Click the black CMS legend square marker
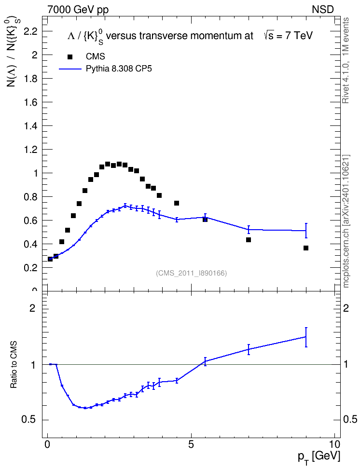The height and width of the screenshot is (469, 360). (69, 57)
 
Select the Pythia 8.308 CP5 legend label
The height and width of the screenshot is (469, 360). (119, 69)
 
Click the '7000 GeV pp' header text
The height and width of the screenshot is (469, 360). (78, 10)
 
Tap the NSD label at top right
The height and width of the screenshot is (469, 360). (322, 10)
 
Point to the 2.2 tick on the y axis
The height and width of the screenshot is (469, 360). (30, 31)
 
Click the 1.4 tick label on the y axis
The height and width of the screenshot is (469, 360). (30, 126)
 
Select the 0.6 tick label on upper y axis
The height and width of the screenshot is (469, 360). (30, 221)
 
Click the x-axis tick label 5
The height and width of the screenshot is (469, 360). (191, 444)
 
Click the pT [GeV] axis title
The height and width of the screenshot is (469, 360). (319, 457)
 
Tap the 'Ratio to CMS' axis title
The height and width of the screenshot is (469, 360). (14, 365)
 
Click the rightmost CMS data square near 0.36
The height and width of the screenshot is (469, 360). (306, 248)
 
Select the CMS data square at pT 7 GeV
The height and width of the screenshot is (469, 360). (249, 240)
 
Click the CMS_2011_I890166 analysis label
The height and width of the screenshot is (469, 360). (191, 273)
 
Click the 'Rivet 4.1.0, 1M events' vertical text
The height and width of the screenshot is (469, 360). (346, 60)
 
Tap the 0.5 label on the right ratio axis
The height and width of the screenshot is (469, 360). (350, 420)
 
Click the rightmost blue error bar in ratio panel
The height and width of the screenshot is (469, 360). (306, 337)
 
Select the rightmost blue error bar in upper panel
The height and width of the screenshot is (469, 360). (306, 231)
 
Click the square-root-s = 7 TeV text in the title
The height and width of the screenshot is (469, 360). (288, 36)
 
